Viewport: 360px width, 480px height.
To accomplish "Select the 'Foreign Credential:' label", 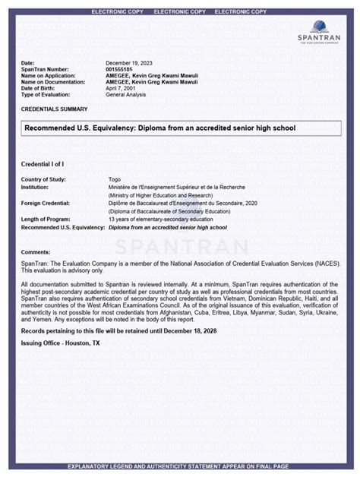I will tap(46, 204).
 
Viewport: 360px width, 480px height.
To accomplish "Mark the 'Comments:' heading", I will tap(36, 251).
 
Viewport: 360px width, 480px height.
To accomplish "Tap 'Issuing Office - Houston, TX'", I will tap(60, 343).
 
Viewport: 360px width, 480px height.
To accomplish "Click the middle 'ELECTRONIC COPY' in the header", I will tap(179, 12).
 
